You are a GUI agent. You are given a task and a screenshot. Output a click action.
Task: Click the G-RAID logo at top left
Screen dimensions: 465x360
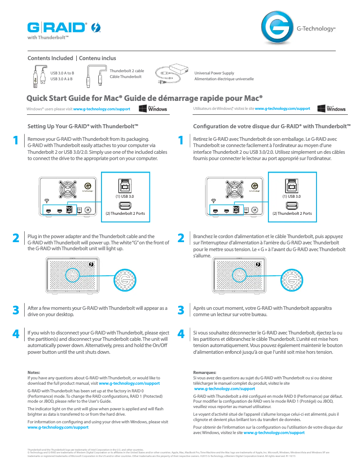(57, 28)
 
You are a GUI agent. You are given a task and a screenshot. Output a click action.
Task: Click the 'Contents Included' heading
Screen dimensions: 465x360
(50, 58)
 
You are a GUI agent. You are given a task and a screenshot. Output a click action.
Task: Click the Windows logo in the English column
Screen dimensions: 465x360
(153, 109)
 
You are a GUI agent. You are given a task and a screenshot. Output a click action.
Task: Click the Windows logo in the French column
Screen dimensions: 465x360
(331, 109)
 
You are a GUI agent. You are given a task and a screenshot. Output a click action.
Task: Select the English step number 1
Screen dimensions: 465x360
(16, 141)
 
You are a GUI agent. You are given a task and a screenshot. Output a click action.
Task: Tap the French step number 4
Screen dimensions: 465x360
(181, 334)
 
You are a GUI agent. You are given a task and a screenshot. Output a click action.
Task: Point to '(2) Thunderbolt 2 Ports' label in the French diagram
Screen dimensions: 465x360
(292, 213)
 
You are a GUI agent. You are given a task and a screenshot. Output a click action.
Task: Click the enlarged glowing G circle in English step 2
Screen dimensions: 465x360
(123, 281)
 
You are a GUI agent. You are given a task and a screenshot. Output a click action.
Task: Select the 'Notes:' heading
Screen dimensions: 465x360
(34, 373)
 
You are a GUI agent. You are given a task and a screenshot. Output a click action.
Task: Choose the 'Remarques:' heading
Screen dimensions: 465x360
(205, 373)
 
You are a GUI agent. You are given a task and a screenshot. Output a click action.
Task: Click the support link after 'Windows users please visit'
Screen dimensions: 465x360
(101, 109)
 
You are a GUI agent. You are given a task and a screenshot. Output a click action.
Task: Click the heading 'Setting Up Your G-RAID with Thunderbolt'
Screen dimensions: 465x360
(83, 126)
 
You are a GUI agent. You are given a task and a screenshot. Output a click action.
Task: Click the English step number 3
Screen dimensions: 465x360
(16, 310)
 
